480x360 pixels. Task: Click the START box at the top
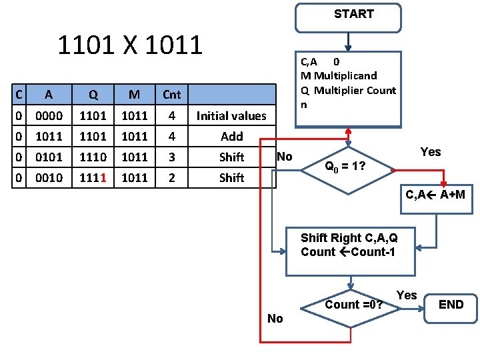tap(349, 17)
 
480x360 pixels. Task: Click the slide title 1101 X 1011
tap(130, 45)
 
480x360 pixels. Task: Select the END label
tap(451, 305)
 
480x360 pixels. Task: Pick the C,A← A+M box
tap(435, 195)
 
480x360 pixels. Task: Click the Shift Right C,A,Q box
tap(348, 251)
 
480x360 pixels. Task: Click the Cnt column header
tap(171, 95)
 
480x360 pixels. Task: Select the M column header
tap(134, 95)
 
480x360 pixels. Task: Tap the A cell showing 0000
tap(49, 116)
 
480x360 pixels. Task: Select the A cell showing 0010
tap(49, 178)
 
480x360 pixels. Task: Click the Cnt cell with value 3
tap(171, 157)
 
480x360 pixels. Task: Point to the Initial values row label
tap(231, 116)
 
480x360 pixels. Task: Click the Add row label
tap(231, 137)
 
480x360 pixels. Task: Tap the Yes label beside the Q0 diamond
tap(431, 152)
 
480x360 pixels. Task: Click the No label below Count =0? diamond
tap(275, 319)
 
